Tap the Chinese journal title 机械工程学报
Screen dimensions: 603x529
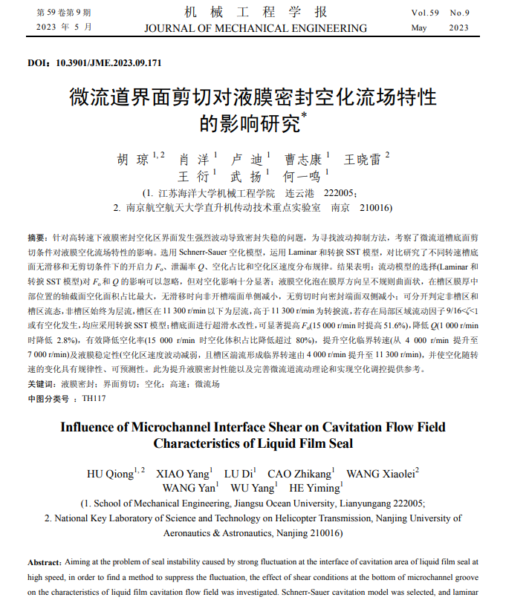point(255,13)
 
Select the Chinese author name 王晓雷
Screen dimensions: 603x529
point(363,160)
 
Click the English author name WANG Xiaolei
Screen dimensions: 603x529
point(379,473)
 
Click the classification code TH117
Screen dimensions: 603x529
point(94,399)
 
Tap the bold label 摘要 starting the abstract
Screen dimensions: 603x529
point(36,237)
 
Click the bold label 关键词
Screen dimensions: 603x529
point(40,385)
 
